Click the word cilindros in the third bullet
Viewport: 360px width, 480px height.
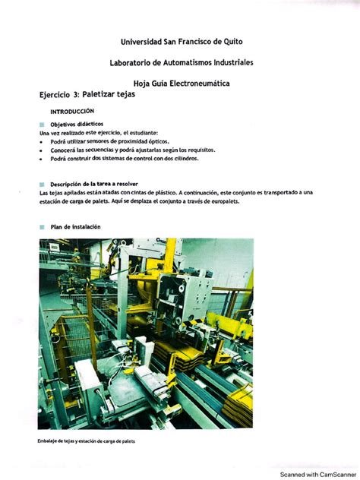(x=201, y=159)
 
